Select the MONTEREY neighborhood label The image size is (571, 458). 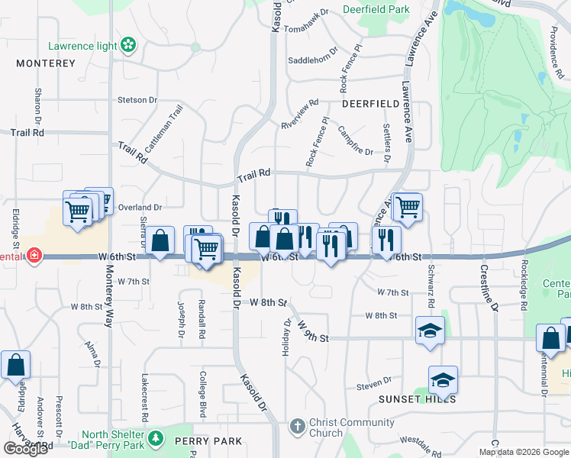[x=46, y=63]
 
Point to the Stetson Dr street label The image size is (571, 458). [x=137, y=100]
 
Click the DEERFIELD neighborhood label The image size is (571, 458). [x=370, y=103]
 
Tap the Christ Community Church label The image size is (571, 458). [x=341, y=428]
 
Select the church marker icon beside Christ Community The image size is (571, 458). [x=297, y=424]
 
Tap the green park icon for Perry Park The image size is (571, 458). [x=156, y=438]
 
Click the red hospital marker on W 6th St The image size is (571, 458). [x=34, y=254]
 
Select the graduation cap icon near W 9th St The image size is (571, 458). [x=430, y=332]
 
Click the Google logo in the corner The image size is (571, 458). [x=25, y=448]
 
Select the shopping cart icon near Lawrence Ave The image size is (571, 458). [x=408, y=205]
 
